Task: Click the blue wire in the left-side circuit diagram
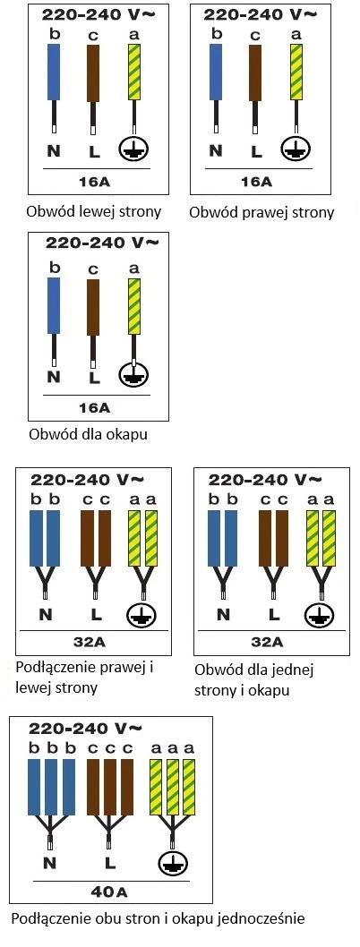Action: (54, 72)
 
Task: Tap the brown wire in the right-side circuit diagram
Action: (255, 72)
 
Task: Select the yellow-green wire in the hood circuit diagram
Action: (134, 307)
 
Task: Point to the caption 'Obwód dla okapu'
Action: (88, 435)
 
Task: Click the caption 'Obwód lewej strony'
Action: (94, 212)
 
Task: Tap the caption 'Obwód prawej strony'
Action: (261, 213)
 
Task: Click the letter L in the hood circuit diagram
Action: (92, 379)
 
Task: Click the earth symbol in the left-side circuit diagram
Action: (133, 148)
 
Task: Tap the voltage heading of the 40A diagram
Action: (86, 728)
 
